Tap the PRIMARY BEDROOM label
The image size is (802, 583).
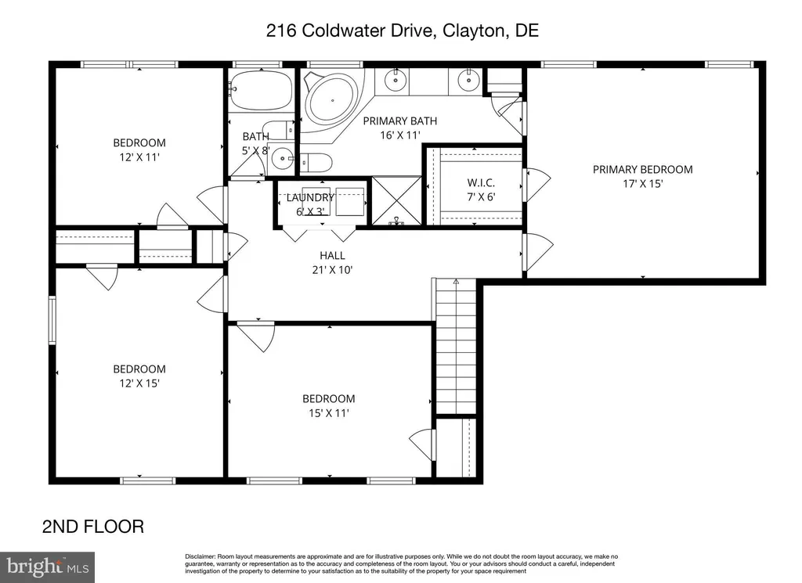(642, 169)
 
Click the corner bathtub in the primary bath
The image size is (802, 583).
(331, 99)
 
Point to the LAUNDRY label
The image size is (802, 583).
(311, 198)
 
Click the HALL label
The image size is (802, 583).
(332, 255)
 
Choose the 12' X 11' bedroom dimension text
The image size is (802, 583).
(139, 157)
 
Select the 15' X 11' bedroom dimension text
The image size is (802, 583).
(328, 412)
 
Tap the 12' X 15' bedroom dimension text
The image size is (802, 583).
(139, 383)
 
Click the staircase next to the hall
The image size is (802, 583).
(456, 344)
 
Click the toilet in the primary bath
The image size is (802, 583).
(317, 163)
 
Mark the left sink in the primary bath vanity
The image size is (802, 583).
(396, 80)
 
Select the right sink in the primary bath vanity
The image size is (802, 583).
(468, 80)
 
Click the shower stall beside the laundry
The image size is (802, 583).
(396, 202)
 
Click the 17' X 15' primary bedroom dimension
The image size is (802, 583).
(642, 183)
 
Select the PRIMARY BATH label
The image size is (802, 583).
(399, 121)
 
